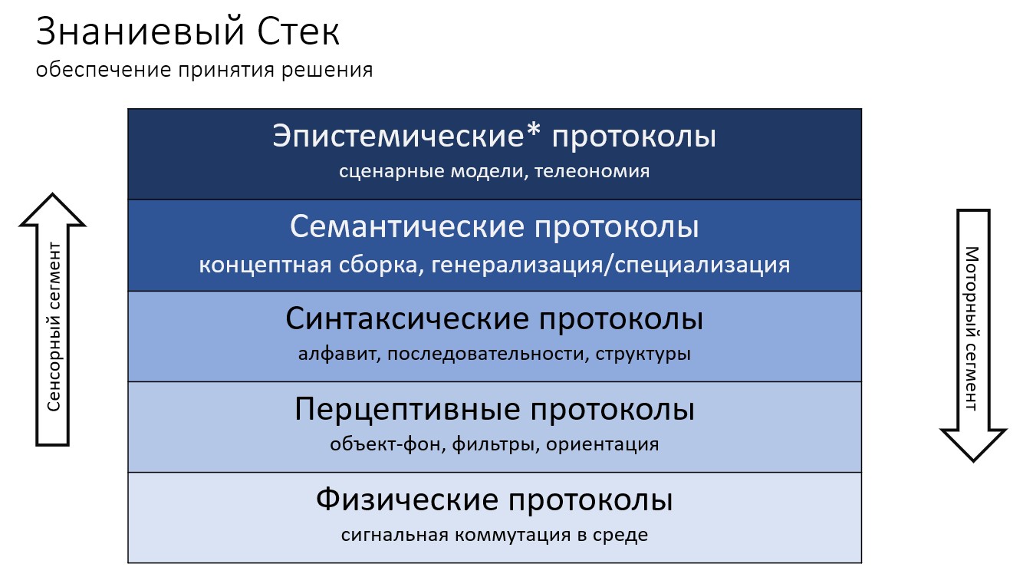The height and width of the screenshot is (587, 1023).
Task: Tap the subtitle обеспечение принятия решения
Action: coord(204,71)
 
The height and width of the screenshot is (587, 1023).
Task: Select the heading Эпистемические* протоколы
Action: coord(494,137)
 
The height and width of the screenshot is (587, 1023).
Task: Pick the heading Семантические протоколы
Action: coord(494,228)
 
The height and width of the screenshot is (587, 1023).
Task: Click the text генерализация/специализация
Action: coord(610,265)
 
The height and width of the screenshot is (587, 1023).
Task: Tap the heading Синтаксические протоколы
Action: coord(494,319)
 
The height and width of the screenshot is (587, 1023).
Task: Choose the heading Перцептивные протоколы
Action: coord(494,410)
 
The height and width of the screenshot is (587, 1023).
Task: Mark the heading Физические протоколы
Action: coord(494,500)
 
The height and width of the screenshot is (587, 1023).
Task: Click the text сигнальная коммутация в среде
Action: coord(494,535)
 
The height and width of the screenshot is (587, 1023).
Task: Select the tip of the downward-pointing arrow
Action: coord(972,460)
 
